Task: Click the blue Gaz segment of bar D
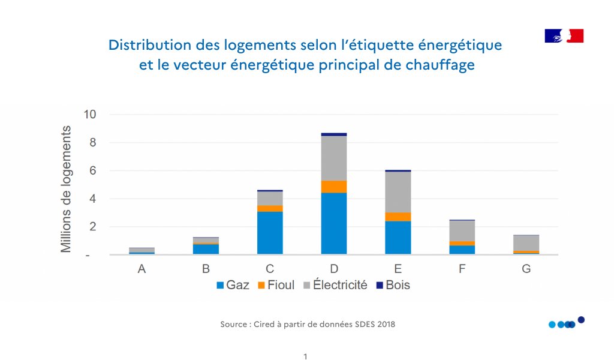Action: tap(334, 223)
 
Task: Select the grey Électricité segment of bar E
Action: tap(398, 192)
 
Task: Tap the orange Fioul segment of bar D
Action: tap(334, 187)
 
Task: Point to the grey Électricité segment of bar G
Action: tap(526, 243)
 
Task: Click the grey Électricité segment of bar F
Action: tap(462, 231)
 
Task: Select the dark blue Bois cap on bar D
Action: tap(334, 134)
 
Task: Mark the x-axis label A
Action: tap(142, 269)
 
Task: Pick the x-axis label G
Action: tap(526, 269)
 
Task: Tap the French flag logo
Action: tap(564, 36)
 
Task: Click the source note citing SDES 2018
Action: tap(308, 325)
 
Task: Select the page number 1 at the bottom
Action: tap(305, 356)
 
